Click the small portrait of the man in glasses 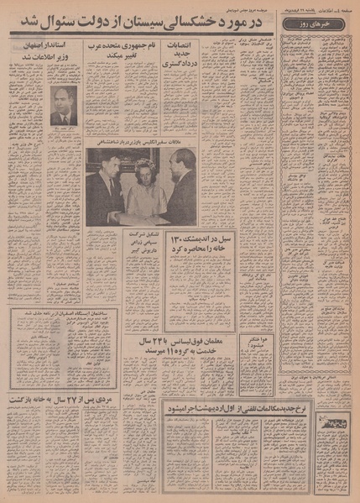coord(63,106)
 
